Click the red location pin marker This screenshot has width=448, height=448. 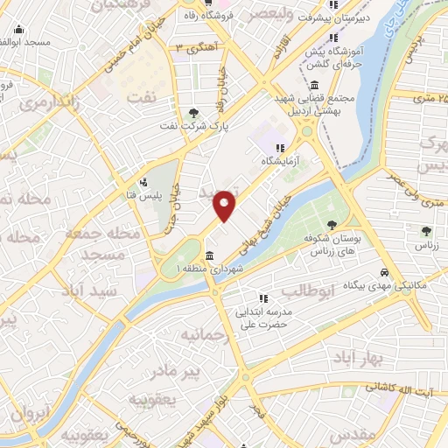pos(225,206)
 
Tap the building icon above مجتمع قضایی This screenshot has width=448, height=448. pos(314,85)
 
